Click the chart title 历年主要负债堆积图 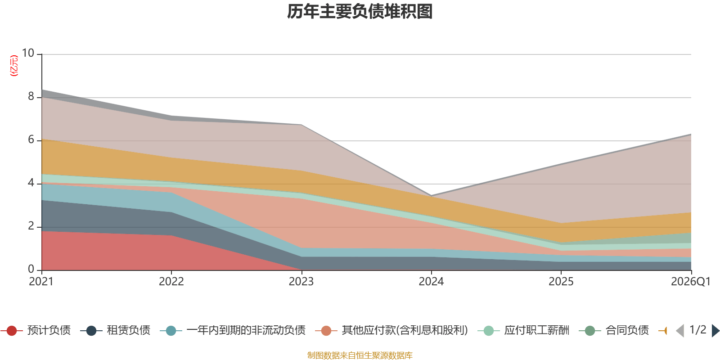[360, 12]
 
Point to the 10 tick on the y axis [28, 54]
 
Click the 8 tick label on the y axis [31, 97]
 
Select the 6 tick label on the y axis [31, 140]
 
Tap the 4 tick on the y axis [31, 183]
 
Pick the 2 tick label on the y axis [31, 226]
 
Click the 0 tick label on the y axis [31, 270]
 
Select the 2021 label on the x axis [41, 282]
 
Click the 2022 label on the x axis [171, 282]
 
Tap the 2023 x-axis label [301, 282]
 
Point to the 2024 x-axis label [431, 282]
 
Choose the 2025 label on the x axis [561, 282]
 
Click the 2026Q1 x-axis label [690, 282]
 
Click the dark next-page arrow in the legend [715, 331]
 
